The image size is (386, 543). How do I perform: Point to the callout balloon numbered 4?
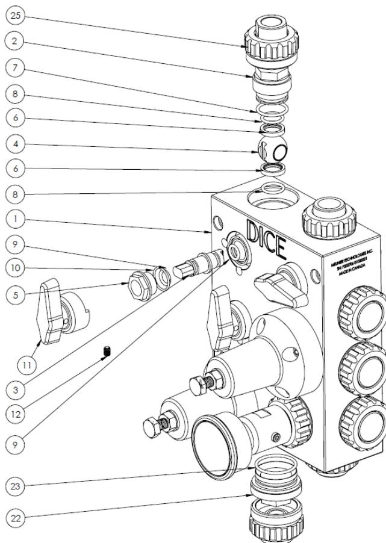(14, 144)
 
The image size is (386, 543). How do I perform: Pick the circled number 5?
(14, 295)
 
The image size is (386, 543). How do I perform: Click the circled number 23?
(14, 485)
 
